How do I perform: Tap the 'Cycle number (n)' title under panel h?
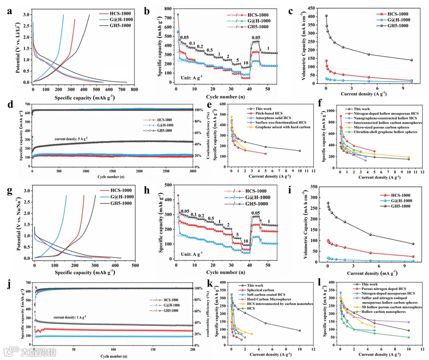click(x=212, y=273)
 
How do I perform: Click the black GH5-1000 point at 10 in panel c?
click(x=411, y=60)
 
